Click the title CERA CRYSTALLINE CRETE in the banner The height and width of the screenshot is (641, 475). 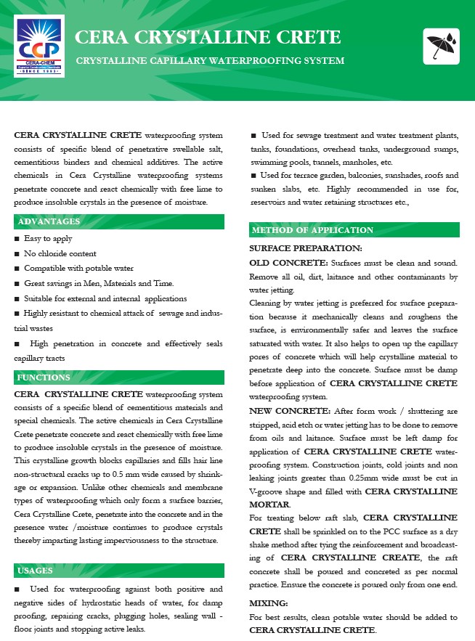(208, 37)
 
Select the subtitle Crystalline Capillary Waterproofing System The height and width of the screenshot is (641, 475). (210, 60)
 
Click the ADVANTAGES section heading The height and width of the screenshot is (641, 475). (49, 221)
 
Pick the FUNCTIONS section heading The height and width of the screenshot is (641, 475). (44, 378)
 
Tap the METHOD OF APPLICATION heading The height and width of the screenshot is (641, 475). (312, 230)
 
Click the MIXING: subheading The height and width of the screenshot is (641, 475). (268, 603)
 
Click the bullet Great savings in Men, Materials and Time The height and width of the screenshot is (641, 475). (99, 283)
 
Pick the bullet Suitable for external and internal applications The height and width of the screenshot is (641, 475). (105, 298)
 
